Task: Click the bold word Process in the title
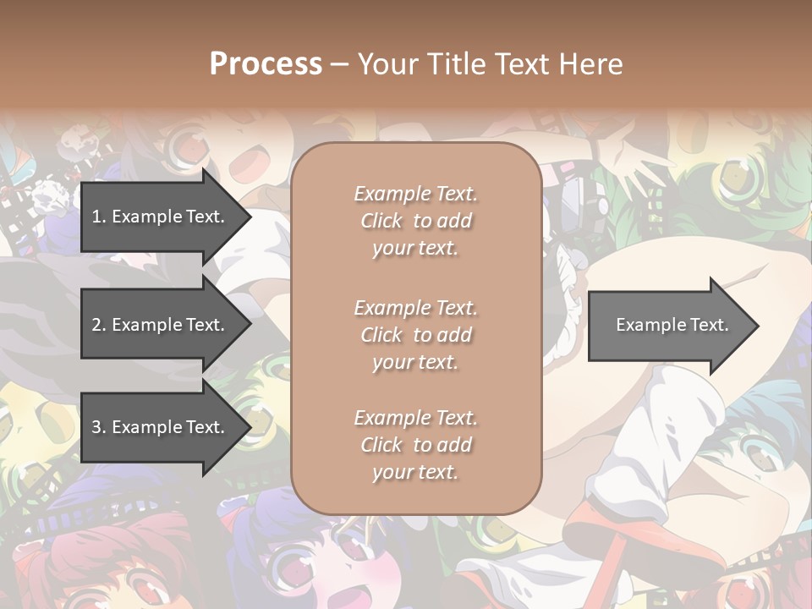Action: click(x=266, y=63)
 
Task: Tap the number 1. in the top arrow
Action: click(x=99, y=217)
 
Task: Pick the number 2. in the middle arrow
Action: click(x=99, y=325)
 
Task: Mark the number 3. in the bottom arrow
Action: click(x=99, y=427)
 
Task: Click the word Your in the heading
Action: click(x=387, y=63)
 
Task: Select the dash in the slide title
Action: click(x=339, y=63)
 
